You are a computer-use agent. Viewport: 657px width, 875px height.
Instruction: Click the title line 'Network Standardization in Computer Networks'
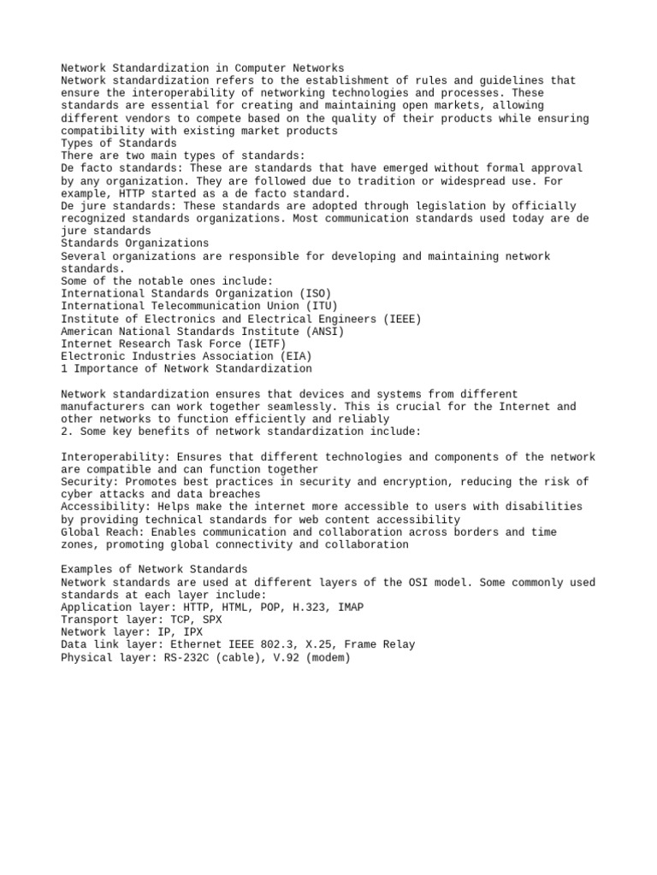(x=203, y=68)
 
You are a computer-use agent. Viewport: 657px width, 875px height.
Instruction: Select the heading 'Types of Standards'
(x=119, y=144)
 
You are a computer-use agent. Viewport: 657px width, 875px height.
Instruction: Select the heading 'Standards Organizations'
(x=135, y=244)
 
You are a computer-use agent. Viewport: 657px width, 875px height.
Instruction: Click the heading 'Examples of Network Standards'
(x=154, y=570)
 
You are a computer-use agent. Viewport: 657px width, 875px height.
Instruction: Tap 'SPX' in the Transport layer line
(x=212, y=620)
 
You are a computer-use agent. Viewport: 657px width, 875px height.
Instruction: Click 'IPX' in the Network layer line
(x=193, y=632)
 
